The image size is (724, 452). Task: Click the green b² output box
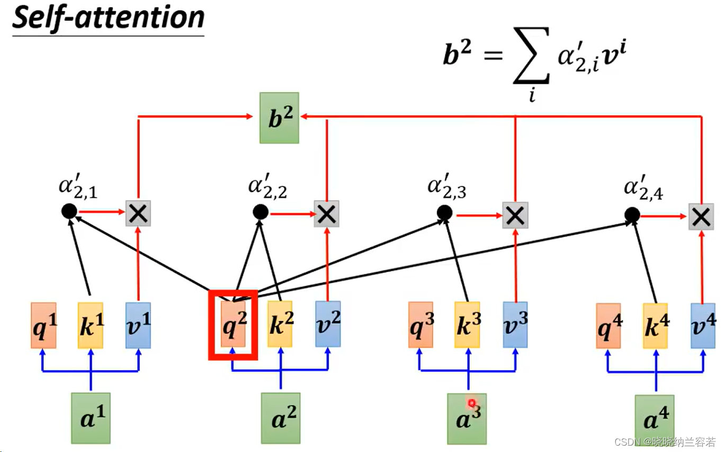point(279,118)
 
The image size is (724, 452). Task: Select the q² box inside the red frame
point(233,324)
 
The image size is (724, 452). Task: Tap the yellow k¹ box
point(91,325)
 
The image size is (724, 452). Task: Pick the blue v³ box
point(515,325)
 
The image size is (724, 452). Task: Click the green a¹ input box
point(91,418)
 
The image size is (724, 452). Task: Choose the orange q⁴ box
point(608,325)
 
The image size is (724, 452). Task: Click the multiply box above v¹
point(138,213)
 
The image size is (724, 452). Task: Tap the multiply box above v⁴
point(701,216)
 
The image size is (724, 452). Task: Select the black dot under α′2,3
point(444,213)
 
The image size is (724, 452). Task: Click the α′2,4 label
point(643,189)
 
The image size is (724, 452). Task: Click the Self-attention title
point(109,18)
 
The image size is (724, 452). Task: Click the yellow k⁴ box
point(655,325)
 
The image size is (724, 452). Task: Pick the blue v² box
point(328,324)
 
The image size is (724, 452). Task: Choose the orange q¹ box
point(43,325)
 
